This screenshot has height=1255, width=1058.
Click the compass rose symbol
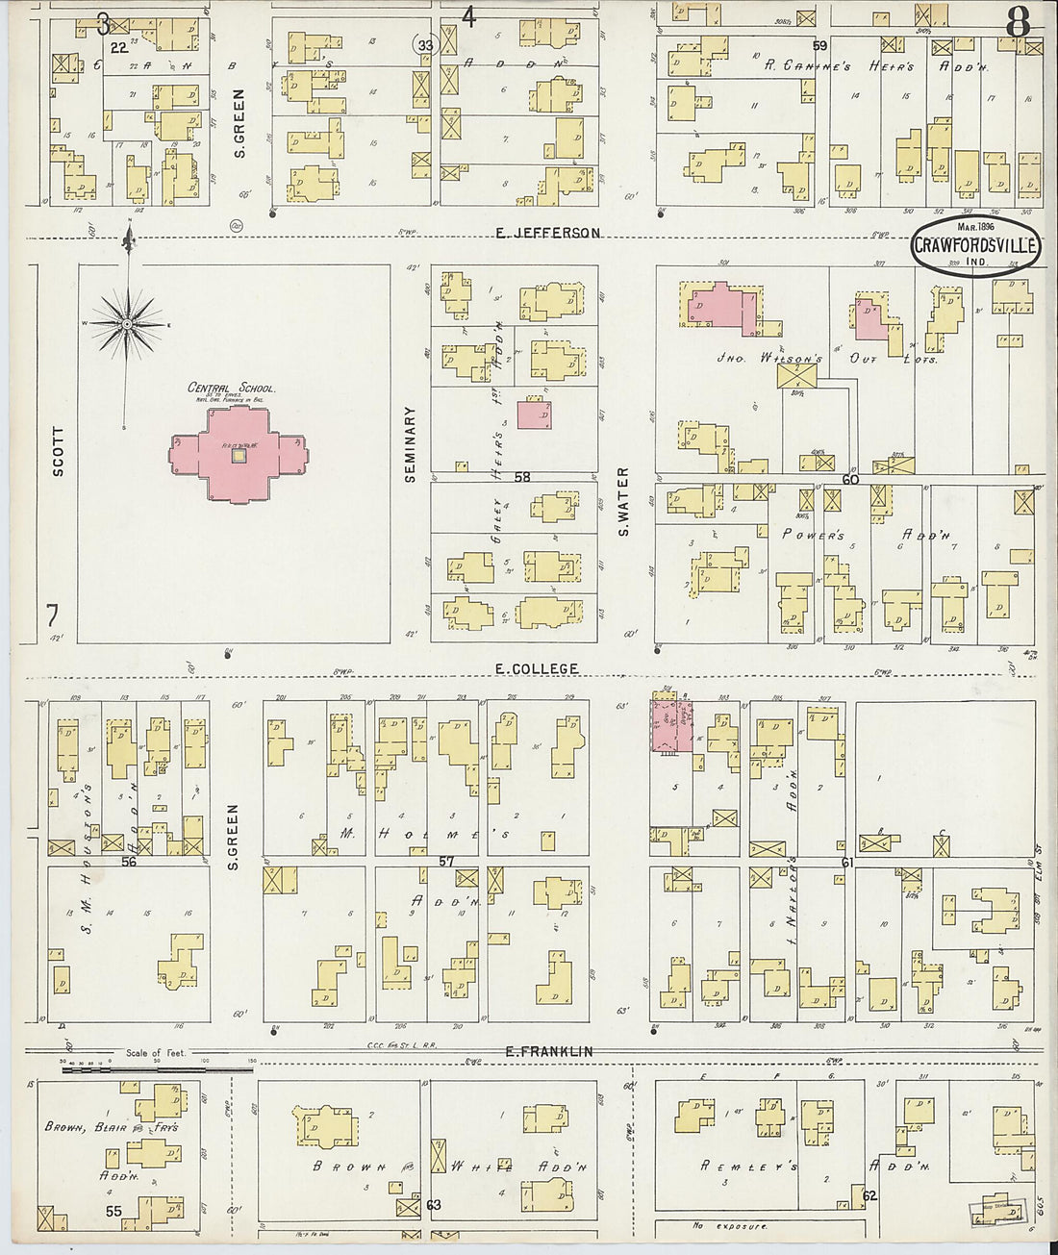coord(126,325)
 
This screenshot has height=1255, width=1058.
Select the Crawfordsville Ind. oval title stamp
coord(975,245)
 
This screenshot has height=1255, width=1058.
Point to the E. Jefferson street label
coord(548,233)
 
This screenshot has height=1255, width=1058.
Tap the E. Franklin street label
coord(549,1051)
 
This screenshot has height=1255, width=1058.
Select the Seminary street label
coord(411,443)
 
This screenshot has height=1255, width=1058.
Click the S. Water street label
coord(623,501)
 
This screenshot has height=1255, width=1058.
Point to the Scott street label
coord(58,451)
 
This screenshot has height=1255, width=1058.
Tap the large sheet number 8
coord(1019,22)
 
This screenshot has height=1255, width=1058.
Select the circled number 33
coord(425,44)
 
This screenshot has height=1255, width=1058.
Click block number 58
coord(521,477)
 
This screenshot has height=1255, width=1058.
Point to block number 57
coord(445,861)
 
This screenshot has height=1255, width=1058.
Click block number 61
coord(846,862)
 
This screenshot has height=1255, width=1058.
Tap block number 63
coord(433,1204)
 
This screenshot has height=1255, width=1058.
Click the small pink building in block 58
coord(535,414)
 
